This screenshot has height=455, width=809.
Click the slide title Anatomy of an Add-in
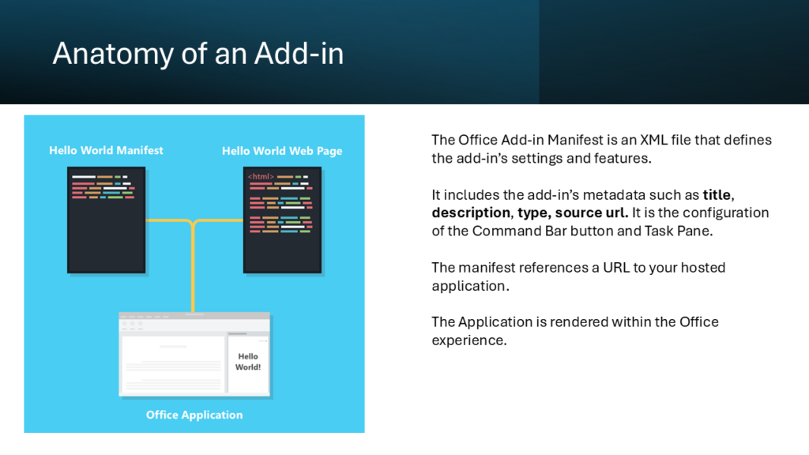click(x=198, y=54)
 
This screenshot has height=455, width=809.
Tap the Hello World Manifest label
click(x=106, y=151)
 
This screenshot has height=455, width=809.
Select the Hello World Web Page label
click(x=282, y=151)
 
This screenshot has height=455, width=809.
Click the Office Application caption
click(x=194, y=415)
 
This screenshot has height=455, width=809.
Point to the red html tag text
click(x=261, y=176)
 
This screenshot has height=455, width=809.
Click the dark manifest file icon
click(x=107, y=220)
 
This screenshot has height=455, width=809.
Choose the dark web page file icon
click(x=282, y=220)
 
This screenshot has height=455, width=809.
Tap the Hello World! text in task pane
click(x=248, y=362)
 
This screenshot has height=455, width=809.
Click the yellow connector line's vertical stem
click(x=193, y=269)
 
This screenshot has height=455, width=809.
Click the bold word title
click(x=717, y=195)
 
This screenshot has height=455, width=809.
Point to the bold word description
click(x=471, y=213)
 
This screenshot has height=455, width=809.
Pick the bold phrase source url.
click(x=591, y=213)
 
